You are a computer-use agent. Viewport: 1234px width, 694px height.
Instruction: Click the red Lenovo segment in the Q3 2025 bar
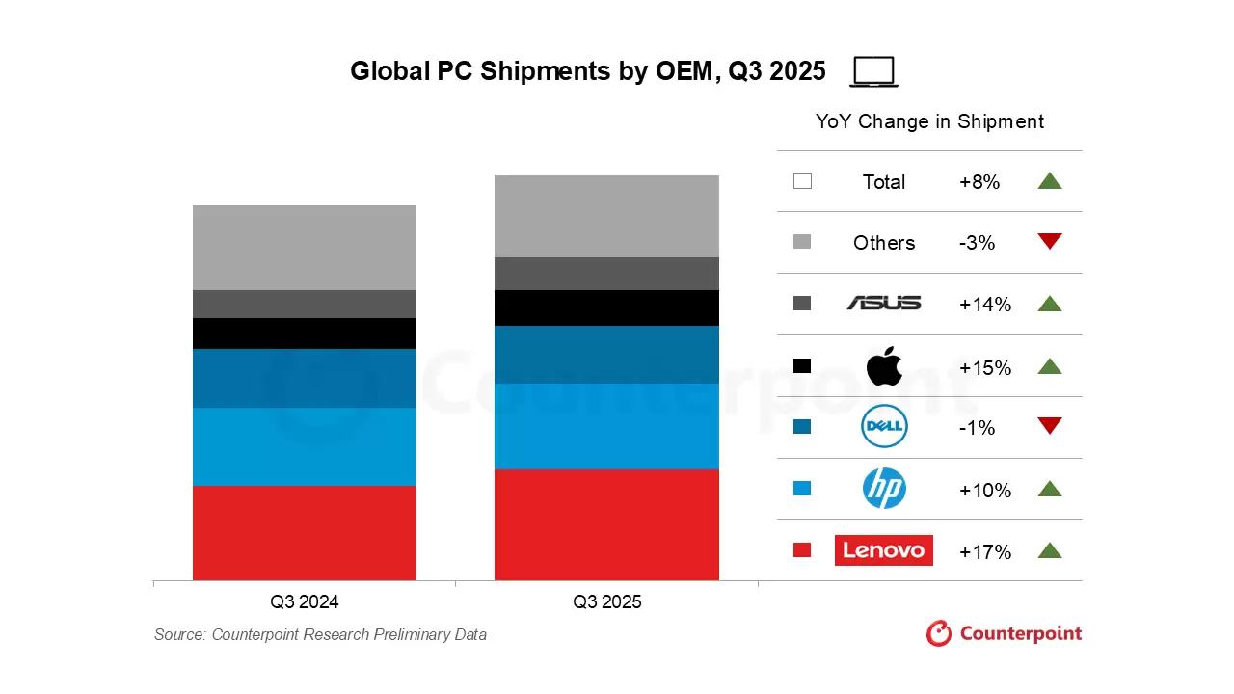coord(606,524)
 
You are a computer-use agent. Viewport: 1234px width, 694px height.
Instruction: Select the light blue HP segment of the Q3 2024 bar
coord(305,446)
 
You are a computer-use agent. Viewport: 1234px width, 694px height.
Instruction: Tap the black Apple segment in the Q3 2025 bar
coord(606,308)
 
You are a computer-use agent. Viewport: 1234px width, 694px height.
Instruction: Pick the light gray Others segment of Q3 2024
coord(305,248)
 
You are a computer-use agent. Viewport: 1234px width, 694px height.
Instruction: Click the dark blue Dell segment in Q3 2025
coord(606,355)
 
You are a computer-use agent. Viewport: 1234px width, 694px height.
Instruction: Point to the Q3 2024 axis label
coord(305,602)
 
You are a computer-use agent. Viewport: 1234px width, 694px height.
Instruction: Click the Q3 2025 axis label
coord(606,602)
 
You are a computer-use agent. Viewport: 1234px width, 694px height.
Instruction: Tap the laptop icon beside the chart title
coord(874,72)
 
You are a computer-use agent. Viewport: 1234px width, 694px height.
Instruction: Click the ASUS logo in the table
coord(884,304)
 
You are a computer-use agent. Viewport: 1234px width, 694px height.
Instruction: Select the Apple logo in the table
coord(884,366)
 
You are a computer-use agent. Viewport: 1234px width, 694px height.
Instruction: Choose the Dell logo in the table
coord(884,427)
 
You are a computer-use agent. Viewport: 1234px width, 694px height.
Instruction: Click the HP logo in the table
coord(884,489)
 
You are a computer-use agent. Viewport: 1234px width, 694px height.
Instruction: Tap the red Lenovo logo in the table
coord(884,550)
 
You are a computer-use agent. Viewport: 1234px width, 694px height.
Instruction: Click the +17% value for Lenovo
coord(985,552)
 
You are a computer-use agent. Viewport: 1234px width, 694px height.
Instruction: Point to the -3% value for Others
coord(977,243)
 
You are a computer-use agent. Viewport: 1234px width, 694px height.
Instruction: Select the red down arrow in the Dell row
coord(1050,426)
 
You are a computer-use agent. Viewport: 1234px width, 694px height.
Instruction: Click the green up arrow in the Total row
coord(1050,180)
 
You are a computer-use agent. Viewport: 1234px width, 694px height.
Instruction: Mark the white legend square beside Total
coord(802,181)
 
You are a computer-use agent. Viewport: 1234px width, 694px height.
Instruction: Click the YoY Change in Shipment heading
coord(929,121)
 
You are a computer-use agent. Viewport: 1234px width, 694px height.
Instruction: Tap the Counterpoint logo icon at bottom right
coord(939,633)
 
